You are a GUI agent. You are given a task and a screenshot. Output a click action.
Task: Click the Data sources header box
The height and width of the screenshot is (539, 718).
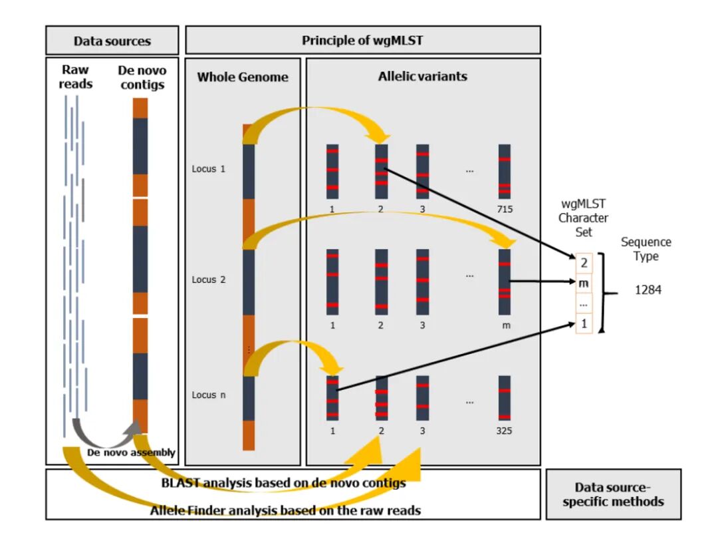(x=112, y=41)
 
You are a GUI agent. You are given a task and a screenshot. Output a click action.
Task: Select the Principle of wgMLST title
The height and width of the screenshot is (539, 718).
(x=362, y=40)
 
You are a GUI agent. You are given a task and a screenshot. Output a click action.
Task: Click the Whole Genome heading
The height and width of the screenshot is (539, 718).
(x=243, y=77)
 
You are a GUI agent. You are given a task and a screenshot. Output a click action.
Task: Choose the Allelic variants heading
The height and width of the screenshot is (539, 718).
(x=422, y=76)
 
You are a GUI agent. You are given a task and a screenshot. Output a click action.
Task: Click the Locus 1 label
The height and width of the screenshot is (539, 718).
(x=209, y=169)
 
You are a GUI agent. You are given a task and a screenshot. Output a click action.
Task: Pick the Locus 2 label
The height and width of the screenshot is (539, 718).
(x=209, y=279)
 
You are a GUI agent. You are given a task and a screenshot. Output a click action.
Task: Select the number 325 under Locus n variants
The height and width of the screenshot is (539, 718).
(x=504, y=431)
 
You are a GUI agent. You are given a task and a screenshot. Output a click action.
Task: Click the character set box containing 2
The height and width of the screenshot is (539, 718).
(x=584, y=264)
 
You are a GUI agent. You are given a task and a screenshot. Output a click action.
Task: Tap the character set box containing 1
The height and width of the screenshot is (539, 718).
(x=584, y=324)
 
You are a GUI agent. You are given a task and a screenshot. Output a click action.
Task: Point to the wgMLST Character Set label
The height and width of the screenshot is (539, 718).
(x=583, y=217)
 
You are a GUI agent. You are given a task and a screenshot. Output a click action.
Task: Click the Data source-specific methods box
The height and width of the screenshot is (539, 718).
(x=613, y=494)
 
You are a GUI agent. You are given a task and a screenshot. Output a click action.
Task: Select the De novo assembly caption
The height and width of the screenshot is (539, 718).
(x=132, y=452)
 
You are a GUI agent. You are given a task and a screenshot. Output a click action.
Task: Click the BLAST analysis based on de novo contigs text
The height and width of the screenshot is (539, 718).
(x=283, y=483)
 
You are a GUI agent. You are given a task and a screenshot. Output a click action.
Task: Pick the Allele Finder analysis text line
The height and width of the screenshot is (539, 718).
(x=286, y=510)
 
